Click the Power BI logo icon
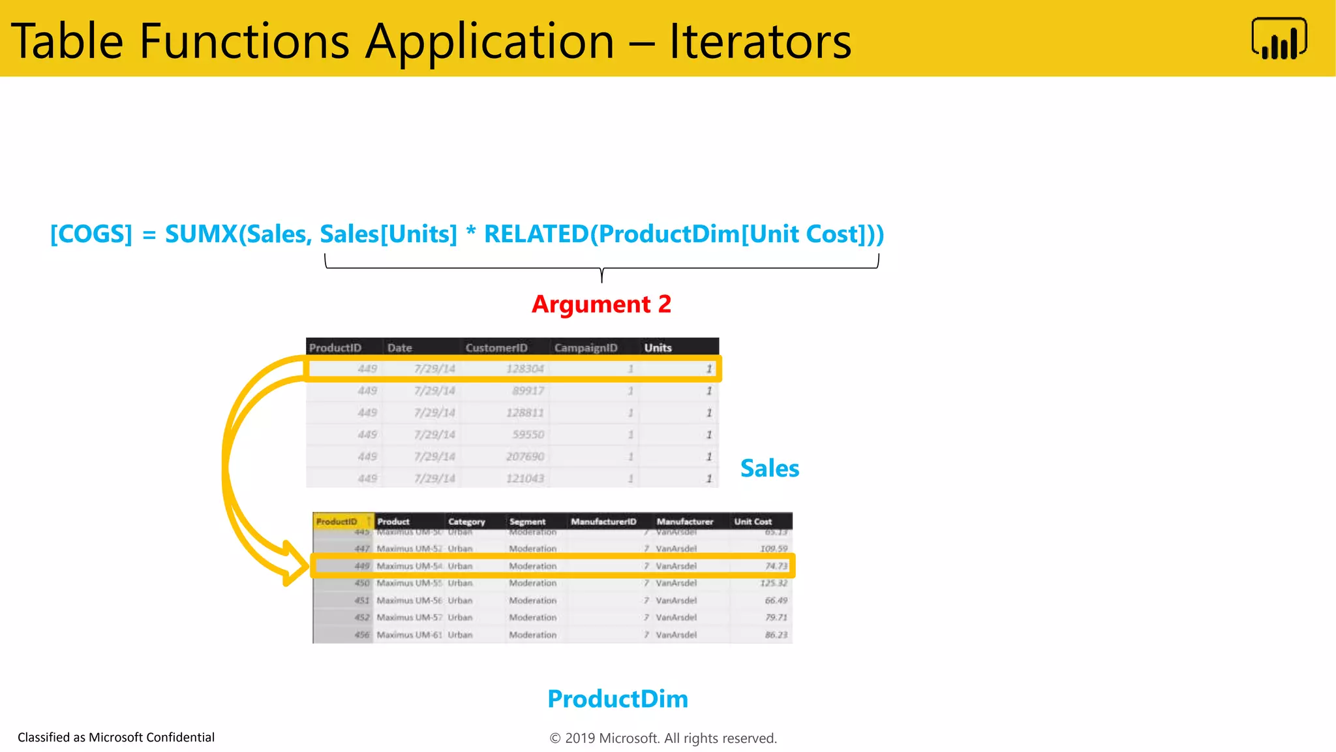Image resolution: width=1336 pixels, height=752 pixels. [1279, 39]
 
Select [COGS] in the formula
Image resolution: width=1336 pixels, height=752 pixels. [91, 234]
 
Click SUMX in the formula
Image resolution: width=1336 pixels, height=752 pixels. [201, 234]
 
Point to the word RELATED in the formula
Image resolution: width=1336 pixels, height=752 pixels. [536, 234]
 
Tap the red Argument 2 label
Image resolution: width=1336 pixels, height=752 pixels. [601, 304]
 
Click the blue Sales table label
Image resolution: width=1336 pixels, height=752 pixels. [770, 468]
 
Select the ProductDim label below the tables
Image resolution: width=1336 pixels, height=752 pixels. [618, 698]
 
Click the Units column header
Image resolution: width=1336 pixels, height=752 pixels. [658, 347]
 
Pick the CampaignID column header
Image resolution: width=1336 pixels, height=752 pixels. [586, 347]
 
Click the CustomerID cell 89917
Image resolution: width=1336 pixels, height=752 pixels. [528, 390]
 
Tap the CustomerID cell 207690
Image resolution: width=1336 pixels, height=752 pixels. [524, 456]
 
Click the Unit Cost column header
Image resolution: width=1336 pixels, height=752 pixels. [753, 521]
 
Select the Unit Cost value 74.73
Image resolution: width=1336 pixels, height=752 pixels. [776, 566]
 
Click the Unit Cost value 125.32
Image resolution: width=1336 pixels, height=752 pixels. [774, 583]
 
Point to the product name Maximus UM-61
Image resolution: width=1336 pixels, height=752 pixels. [409, 634]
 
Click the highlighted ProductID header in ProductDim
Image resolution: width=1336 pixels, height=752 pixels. [337, 521]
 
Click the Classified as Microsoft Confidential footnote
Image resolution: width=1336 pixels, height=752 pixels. [116, 737]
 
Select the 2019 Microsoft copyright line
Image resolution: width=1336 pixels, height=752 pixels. [663, 738]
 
